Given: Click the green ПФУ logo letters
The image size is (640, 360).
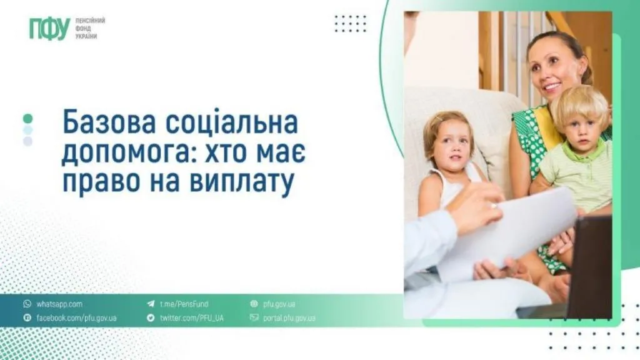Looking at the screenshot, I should pyautogui.click(x=49, y=29).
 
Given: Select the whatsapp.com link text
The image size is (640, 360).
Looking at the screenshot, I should pyautogui.click(x=59, y=304).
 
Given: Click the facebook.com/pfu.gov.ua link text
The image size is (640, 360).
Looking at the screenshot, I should pyautogui.click(x=76, y=318).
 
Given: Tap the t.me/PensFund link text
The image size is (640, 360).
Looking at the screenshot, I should pyautogui.click(x=184, y=304).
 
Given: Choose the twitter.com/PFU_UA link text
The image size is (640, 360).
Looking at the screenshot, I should pyautogui.click(x=191, y=318).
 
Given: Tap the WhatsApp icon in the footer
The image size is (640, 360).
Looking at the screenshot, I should pyautogui.click(x=27, y=304).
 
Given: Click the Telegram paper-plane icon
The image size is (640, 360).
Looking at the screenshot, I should pyautogui.click(x=151, y=304).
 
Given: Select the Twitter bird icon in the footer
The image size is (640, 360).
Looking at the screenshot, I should pyautogui.click(x=151, y=318).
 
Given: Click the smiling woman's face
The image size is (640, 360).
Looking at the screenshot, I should pyautogui.click(x=552, y=69).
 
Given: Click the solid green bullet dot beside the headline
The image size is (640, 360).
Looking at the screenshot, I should pyautogui.click(x=27, y=118).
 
